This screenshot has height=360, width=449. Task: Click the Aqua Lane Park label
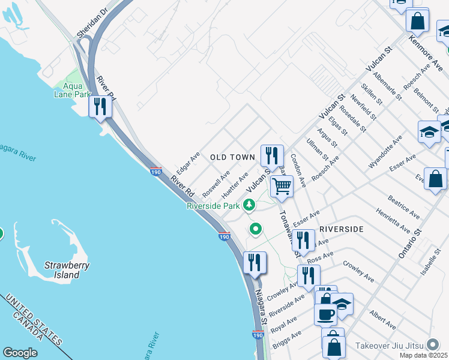[71, 90]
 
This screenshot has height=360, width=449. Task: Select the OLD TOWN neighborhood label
[233, 157]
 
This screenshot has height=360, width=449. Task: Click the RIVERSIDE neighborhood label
[342, 229]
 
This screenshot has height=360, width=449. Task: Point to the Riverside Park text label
[213, 206]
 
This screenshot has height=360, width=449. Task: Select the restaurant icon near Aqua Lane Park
[100, 107]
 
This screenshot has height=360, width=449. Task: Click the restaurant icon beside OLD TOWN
[272, 155]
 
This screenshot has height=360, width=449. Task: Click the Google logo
[20, 353]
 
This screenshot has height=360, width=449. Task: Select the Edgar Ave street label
[187, 163]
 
